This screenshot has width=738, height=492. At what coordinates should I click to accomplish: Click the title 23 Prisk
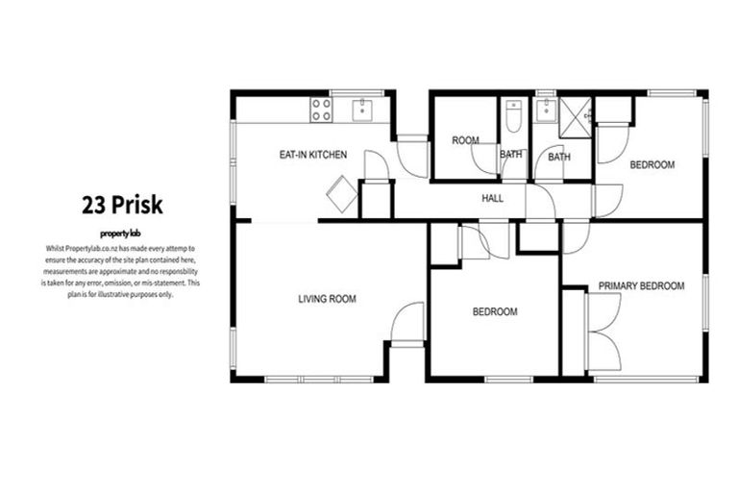[x=121, y=205]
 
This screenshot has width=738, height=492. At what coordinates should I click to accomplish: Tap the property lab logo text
[x=121, y=234]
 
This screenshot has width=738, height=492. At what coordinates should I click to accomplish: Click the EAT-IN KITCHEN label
[x=313, y=155]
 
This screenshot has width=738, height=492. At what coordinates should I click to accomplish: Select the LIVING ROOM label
[x=327, y=300]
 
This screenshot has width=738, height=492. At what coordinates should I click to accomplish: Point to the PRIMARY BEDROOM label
[x=641, y=285]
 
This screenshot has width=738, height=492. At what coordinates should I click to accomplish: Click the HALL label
[x=493, y=198]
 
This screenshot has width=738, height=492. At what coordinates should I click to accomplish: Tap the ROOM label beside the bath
[x=465, y=141]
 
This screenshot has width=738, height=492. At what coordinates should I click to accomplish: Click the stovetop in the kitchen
[x=321, y=110]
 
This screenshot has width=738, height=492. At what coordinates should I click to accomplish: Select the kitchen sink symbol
[x=363, y=109]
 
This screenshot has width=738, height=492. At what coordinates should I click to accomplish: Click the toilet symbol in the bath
[x=513, y=117]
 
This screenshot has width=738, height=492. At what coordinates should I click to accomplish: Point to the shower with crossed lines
[x=577, y=116]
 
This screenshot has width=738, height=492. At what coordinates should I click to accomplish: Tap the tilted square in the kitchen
[x=341, y=194]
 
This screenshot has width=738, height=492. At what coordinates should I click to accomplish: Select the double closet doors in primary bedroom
[x=603, y=332]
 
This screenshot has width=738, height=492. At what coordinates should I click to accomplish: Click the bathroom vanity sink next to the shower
[x=546, y=111]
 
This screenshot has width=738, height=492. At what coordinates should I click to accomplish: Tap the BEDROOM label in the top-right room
[x=652, y=165]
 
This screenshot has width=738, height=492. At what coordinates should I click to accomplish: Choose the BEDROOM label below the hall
[x=495, y=312]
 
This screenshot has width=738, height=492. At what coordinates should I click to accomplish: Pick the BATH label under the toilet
[x=511, y=155]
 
